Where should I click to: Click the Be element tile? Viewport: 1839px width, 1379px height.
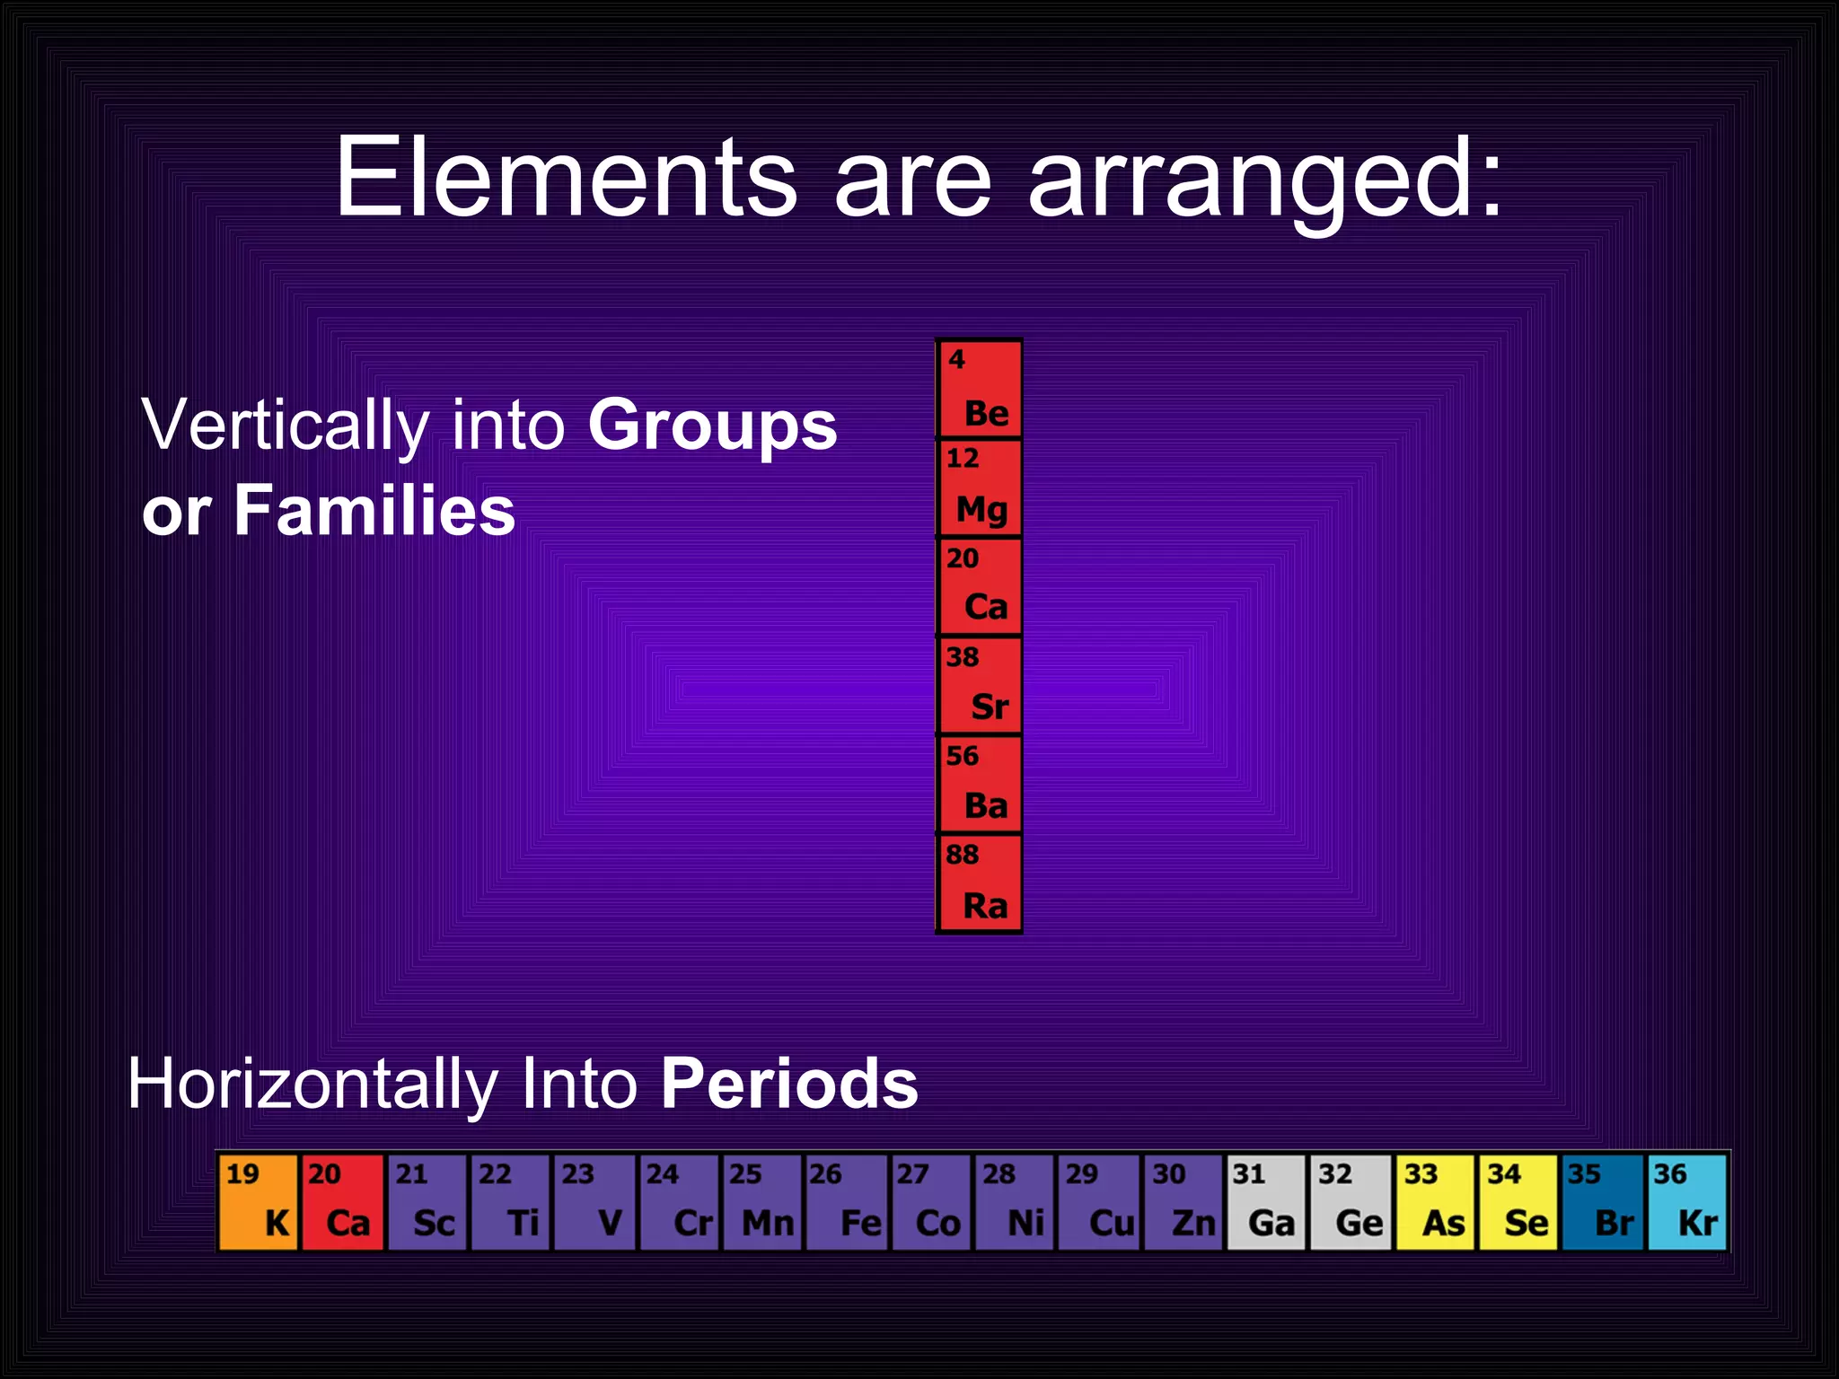[980, 390]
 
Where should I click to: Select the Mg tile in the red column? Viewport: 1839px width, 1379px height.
[980, 488]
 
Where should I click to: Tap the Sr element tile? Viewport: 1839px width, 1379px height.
[980, 686]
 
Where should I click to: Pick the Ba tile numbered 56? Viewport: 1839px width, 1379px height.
[980, 785]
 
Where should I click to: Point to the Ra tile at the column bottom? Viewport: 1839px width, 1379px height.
[980, 883]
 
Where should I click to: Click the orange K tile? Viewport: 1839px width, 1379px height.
[258, 1201]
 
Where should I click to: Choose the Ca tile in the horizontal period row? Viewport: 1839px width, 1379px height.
[342, 1201]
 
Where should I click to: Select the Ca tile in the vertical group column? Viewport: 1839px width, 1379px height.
[980, 587]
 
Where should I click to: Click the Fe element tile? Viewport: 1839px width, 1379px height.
[847, 1201]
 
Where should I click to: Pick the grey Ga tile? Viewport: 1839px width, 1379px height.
[1266, 1201]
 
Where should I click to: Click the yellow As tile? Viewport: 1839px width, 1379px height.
[1435, 1201]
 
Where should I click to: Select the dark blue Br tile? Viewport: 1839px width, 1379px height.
[1603, 1201]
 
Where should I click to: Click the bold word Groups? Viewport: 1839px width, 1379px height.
[712, 426]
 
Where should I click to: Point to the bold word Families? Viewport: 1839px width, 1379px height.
[374, 511]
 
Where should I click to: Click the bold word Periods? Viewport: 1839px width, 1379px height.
[789, 1084]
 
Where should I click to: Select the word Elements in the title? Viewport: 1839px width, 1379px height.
[566, 177]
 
